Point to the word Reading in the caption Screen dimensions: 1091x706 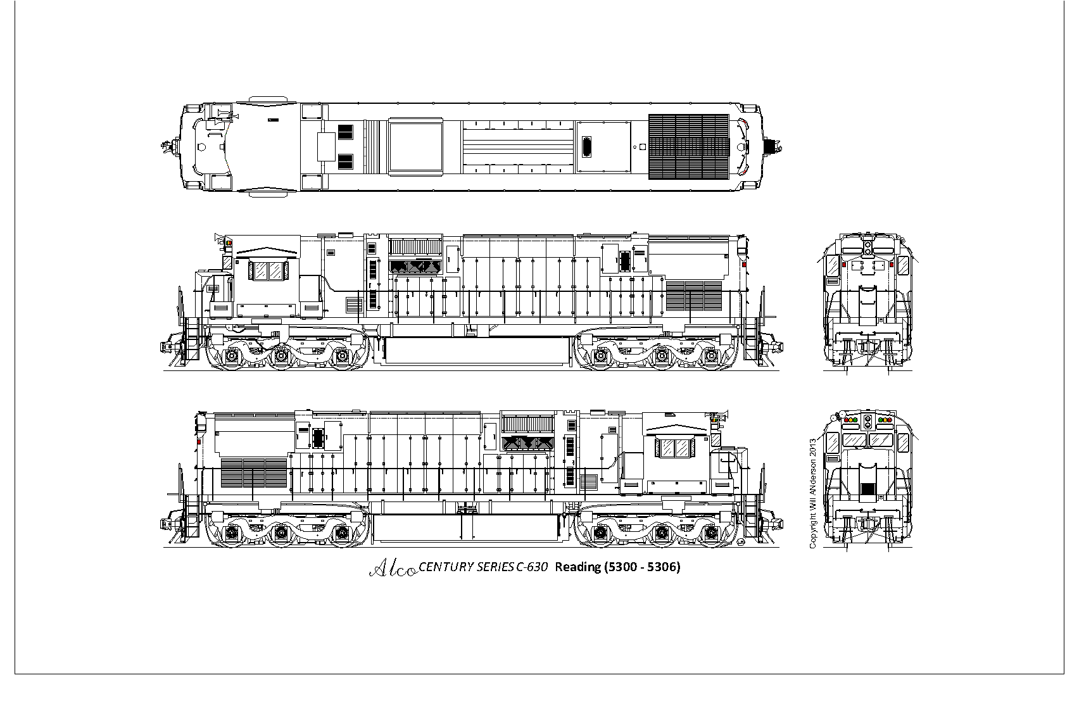pyautogui.click(x=577, y=567)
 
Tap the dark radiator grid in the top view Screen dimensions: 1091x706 pyautogui.click(x=689, y=147)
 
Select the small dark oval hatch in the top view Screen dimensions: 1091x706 pyautogui.click(x=587, y=147)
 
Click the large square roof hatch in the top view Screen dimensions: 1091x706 pyautogui.click(x=415, y=147)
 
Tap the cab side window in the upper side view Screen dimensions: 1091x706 pyautogui.click(x=267, y=271)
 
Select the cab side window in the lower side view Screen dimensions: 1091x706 pyautogui.click(x=675, y=448)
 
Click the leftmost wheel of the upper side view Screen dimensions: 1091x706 pyautogui.click(x=232, y=357)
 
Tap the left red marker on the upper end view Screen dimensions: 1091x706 pyautogui.click(x=844, y=265)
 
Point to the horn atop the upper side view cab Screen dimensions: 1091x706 pyautogui.click(x=219, y=239)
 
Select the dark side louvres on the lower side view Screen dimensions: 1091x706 pyautogui.click(x=254, y=473)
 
